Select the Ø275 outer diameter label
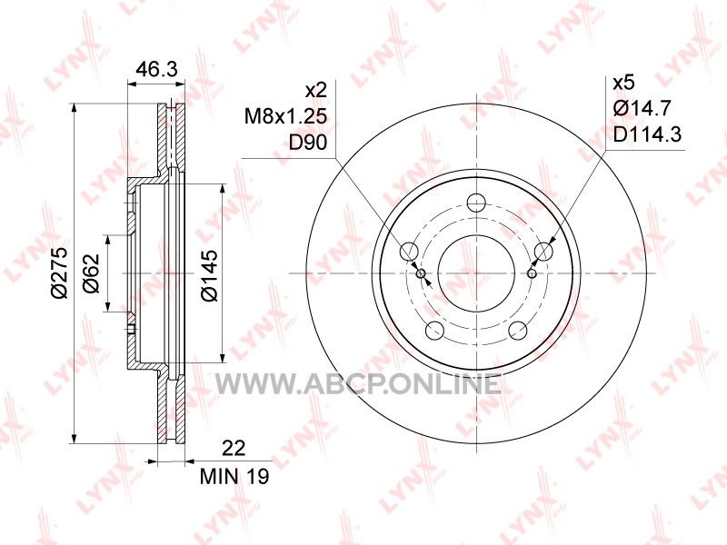[60, 272]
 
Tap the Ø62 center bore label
[92, 273]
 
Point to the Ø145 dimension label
[210, 275]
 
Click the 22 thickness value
[234, 448]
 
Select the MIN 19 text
[234, 476]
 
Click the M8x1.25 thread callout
[285, 116]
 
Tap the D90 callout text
[308, 143]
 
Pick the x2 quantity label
[316, 89]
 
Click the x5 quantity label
[623, 83]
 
